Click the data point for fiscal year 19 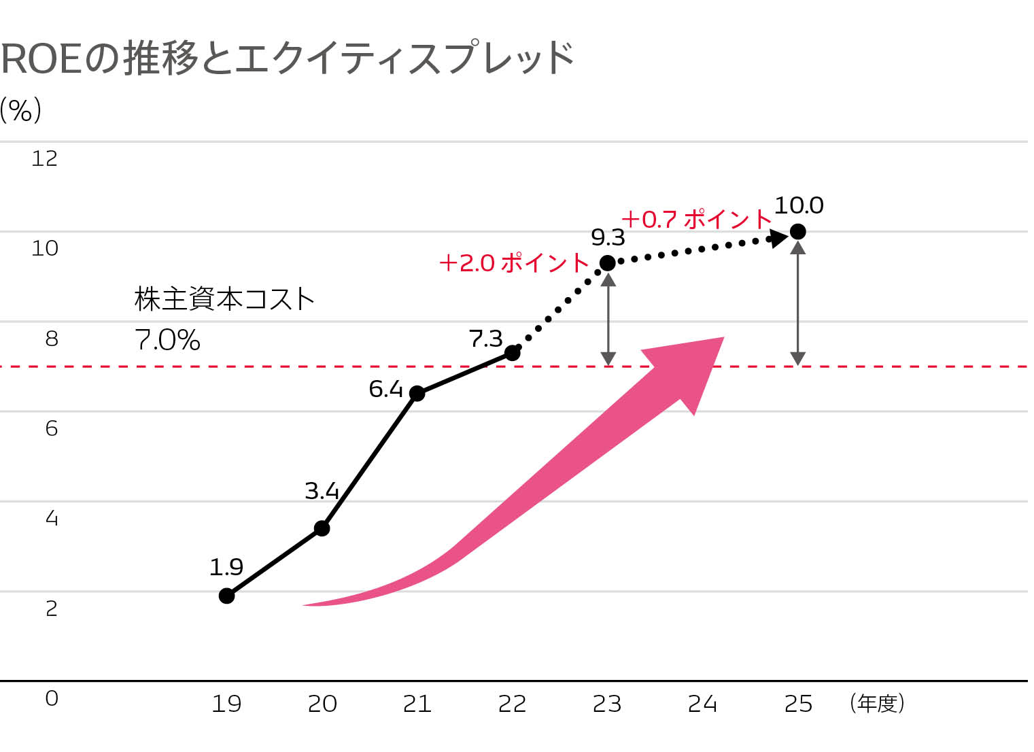point(227,596)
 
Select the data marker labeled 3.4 point(322,528)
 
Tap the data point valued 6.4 point(417,393)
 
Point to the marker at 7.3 point(513,352)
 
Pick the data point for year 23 point(608,262)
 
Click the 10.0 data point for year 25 point(799,232)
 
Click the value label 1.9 point(226,566)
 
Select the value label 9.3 point(608,237)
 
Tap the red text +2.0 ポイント point(514,262)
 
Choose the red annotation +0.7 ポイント point(697,219)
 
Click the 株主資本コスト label point(224,299)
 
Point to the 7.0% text point(168,339)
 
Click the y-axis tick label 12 point(45,158)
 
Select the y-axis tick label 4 point(52,519)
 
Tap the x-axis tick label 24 point(702,704)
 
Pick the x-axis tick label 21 point(417,704)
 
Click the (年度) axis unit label point(877,703)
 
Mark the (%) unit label point(21,109)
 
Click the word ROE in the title point(41,59)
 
